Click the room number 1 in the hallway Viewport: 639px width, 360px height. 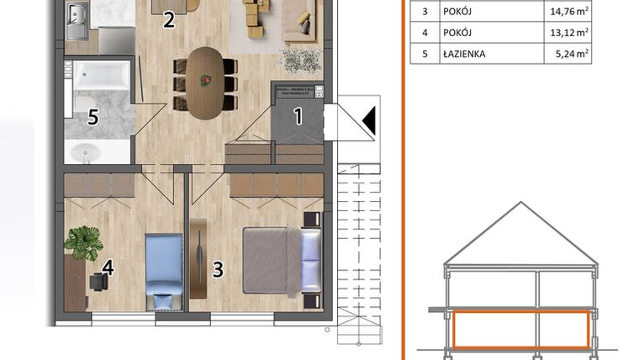pyautogui.click(x=298, y=117)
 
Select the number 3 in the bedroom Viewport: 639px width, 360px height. pyautogui.click(x=218, y=270)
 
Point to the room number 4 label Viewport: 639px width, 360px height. pyautogui.click(x=107, y=267)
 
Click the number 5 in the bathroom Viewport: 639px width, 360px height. pyautogui.click(x=93, y=118)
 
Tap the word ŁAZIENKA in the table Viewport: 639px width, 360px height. pyautogui.click(x=467, y=55)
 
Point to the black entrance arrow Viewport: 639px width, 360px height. pyautogui.click(x=369, y=122)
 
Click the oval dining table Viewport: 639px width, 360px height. pyautogui.click(x=205, y=82)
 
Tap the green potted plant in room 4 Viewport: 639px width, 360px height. pyautogui.click(x=83, y=243)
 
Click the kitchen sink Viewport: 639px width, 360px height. pyautogui.click(x=77, y=14)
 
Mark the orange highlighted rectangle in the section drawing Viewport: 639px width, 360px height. pyautogui.click(x=519, y=329)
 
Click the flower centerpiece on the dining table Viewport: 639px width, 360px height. pyautogui.click(x=204, y=81)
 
